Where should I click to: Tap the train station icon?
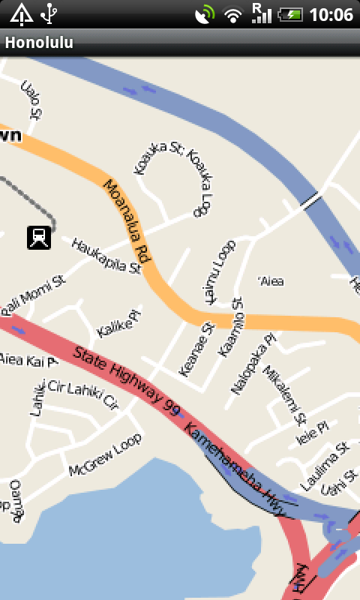tap(39, 237)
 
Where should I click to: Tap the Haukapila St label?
tap(106, 255)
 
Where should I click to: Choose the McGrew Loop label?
tap(104, 459)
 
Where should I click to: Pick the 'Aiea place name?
tap(271, 281)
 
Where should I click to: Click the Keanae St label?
tap(196, 349)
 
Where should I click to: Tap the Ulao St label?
tap(30, 100)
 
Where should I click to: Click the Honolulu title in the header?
tap(39, 43)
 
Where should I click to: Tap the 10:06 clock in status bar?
tap(331, 14)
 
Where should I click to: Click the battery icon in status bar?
tap(289, 14)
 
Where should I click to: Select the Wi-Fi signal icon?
tap(233, 14)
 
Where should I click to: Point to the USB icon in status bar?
tap(49, 13)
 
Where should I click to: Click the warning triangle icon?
tap(21, 13)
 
